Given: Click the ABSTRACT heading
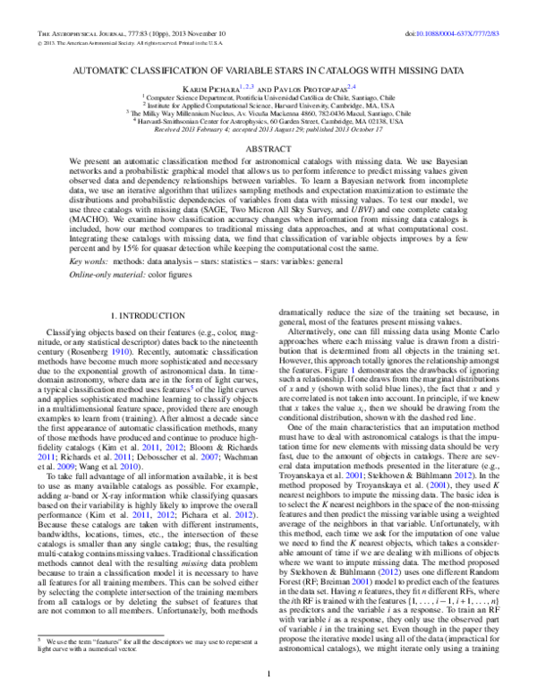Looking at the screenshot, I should click(x=268, y=149).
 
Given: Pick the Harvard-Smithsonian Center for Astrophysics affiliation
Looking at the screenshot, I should click(x=268, y=121).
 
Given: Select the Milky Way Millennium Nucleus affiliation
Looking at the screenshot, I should click(x=268, y=114).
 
